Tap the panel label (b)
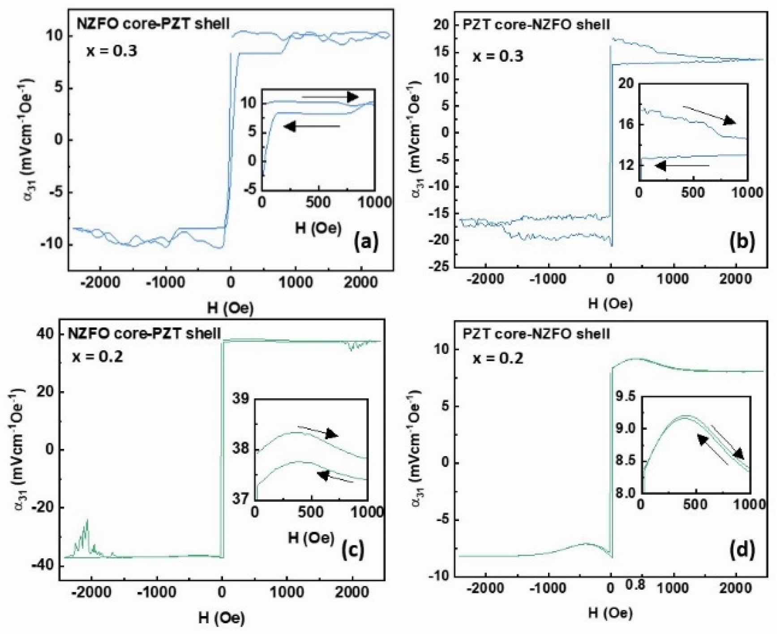click(742, 241)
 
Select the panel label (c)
click(353, 549)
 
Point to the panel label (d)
click(742, 549)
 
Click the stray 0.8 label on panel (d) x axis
click(635, 585)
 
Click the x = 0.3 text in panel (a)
click(112, 51)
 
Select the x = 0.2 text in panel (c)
click(98, 357)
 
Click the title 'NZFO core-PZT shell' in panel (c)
click(144, 333)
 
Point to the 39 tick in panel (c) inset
click(241, 399)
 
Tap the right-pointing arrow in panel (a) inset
click(330, 97)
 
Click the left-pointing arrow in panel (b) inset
click(682, 166)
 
